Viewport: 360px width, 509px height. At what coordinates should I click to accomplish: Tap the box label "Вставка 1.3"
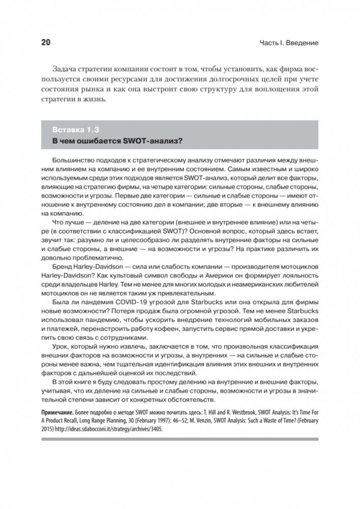tap(75, 127)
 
